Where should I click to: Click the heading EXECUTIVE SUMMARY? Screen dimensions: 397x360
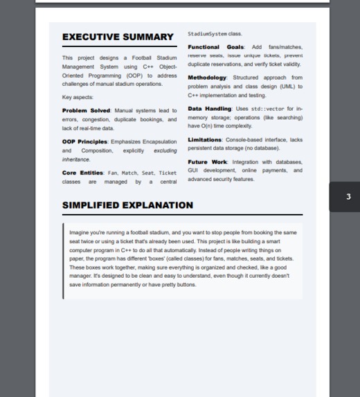point(118,37)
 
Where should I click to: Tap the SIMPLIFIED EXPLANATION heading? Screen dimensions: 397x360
point(127,205)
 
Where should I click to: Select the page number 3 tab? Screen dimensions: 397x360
point(348,197)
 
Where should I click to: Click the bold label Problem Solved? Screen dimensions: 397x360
point(86,111)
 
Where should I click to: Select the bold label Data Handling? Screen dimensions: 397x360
point(209,109)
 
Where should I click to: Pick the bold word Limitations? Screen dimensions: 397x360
point(205,140)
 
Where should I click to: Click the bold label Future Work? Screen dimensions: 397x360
point(206,162)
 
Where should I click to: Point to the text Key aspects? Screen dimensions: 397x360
point(78,98)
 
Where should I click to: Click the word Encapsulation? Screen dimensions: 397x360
point(159,142)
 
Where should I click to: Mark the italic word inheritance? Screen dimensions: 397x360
point(76,159)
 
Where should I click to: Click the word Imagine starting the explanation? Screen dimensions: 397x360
point(78,233)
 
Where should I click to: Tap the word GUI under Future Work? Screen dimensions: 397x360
point(194,170)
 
